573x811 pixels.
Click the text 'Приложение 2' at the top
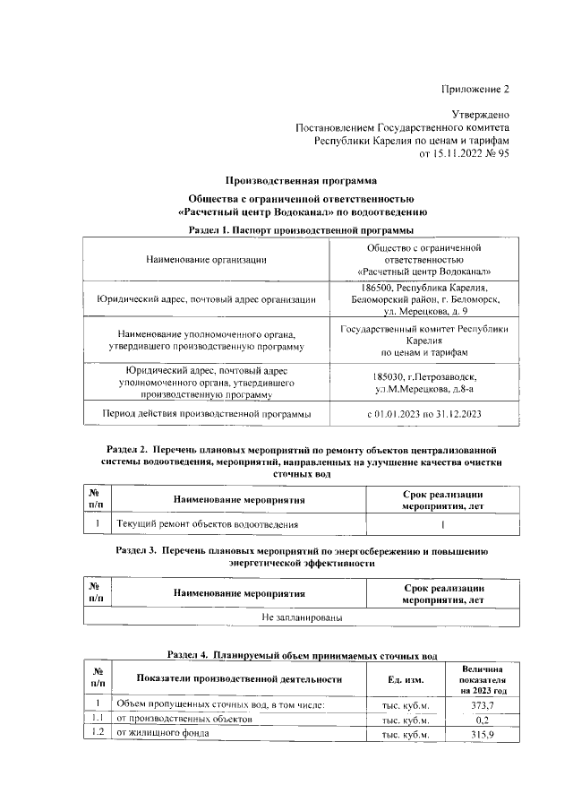tap(476, 89)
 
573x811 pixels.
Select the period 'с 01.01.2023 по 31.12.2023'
tap(424, 414)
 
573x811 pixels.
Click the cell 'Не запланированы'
tap(301, 617)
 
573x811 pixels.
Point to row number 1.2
tap(95, 734)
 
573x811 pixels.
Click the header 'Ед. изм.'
tap(405, 679)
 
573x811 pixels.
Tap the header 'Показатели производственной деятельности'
tap(239, 679)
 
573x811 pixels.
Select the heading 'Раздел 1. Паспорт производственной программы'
tap(301, 230)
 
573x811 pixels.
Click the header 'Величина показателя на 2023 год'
tap(483, 680)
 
